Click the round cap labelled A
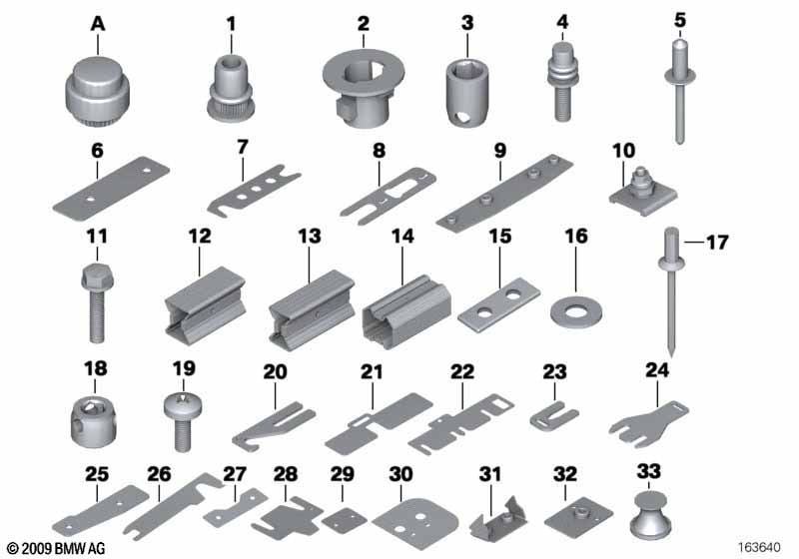click(x=97, y=93)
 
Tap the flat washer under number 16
click(x=576, y=309)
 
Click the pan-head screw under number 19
click(x=182, y=422)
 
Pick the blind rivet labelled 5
click(x=680, y=91)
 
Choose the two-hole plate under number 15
click(x=499, y=303)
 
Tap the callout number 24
click(x=657, y=370)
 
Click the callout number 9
click(x=500, y=151)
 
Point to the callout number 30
click(x=400, y=474)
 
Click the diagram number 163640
click(x=759, y=548)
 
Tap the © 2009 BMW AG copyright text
click(x=56, y=548)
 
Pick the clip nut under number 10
click(x=643, y=192)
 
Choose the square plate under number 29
click(x=344, y=520)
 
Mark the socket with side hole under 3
click(x=467, y=93)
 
